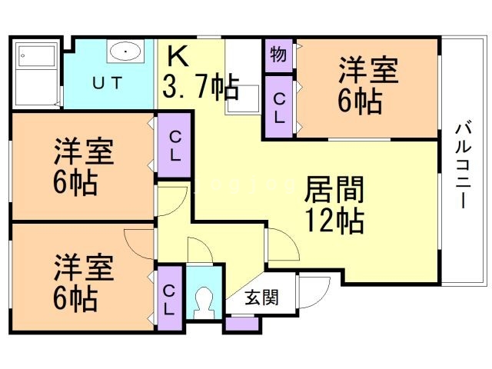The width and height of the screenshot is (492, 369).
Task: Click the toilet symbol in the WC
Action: pyautogui.click(x=204, y=302)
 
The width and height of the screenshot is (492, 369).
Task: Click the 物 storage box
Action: pyautogui.click(x=277, y=55)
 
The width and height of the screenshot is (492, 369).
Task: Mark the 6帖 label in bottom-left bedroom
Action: pyautogui.click(x=75, y=296)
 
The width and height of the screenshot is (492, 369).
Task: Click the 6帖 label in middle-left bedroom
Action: pyautogui.click(x=75, y=184)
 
